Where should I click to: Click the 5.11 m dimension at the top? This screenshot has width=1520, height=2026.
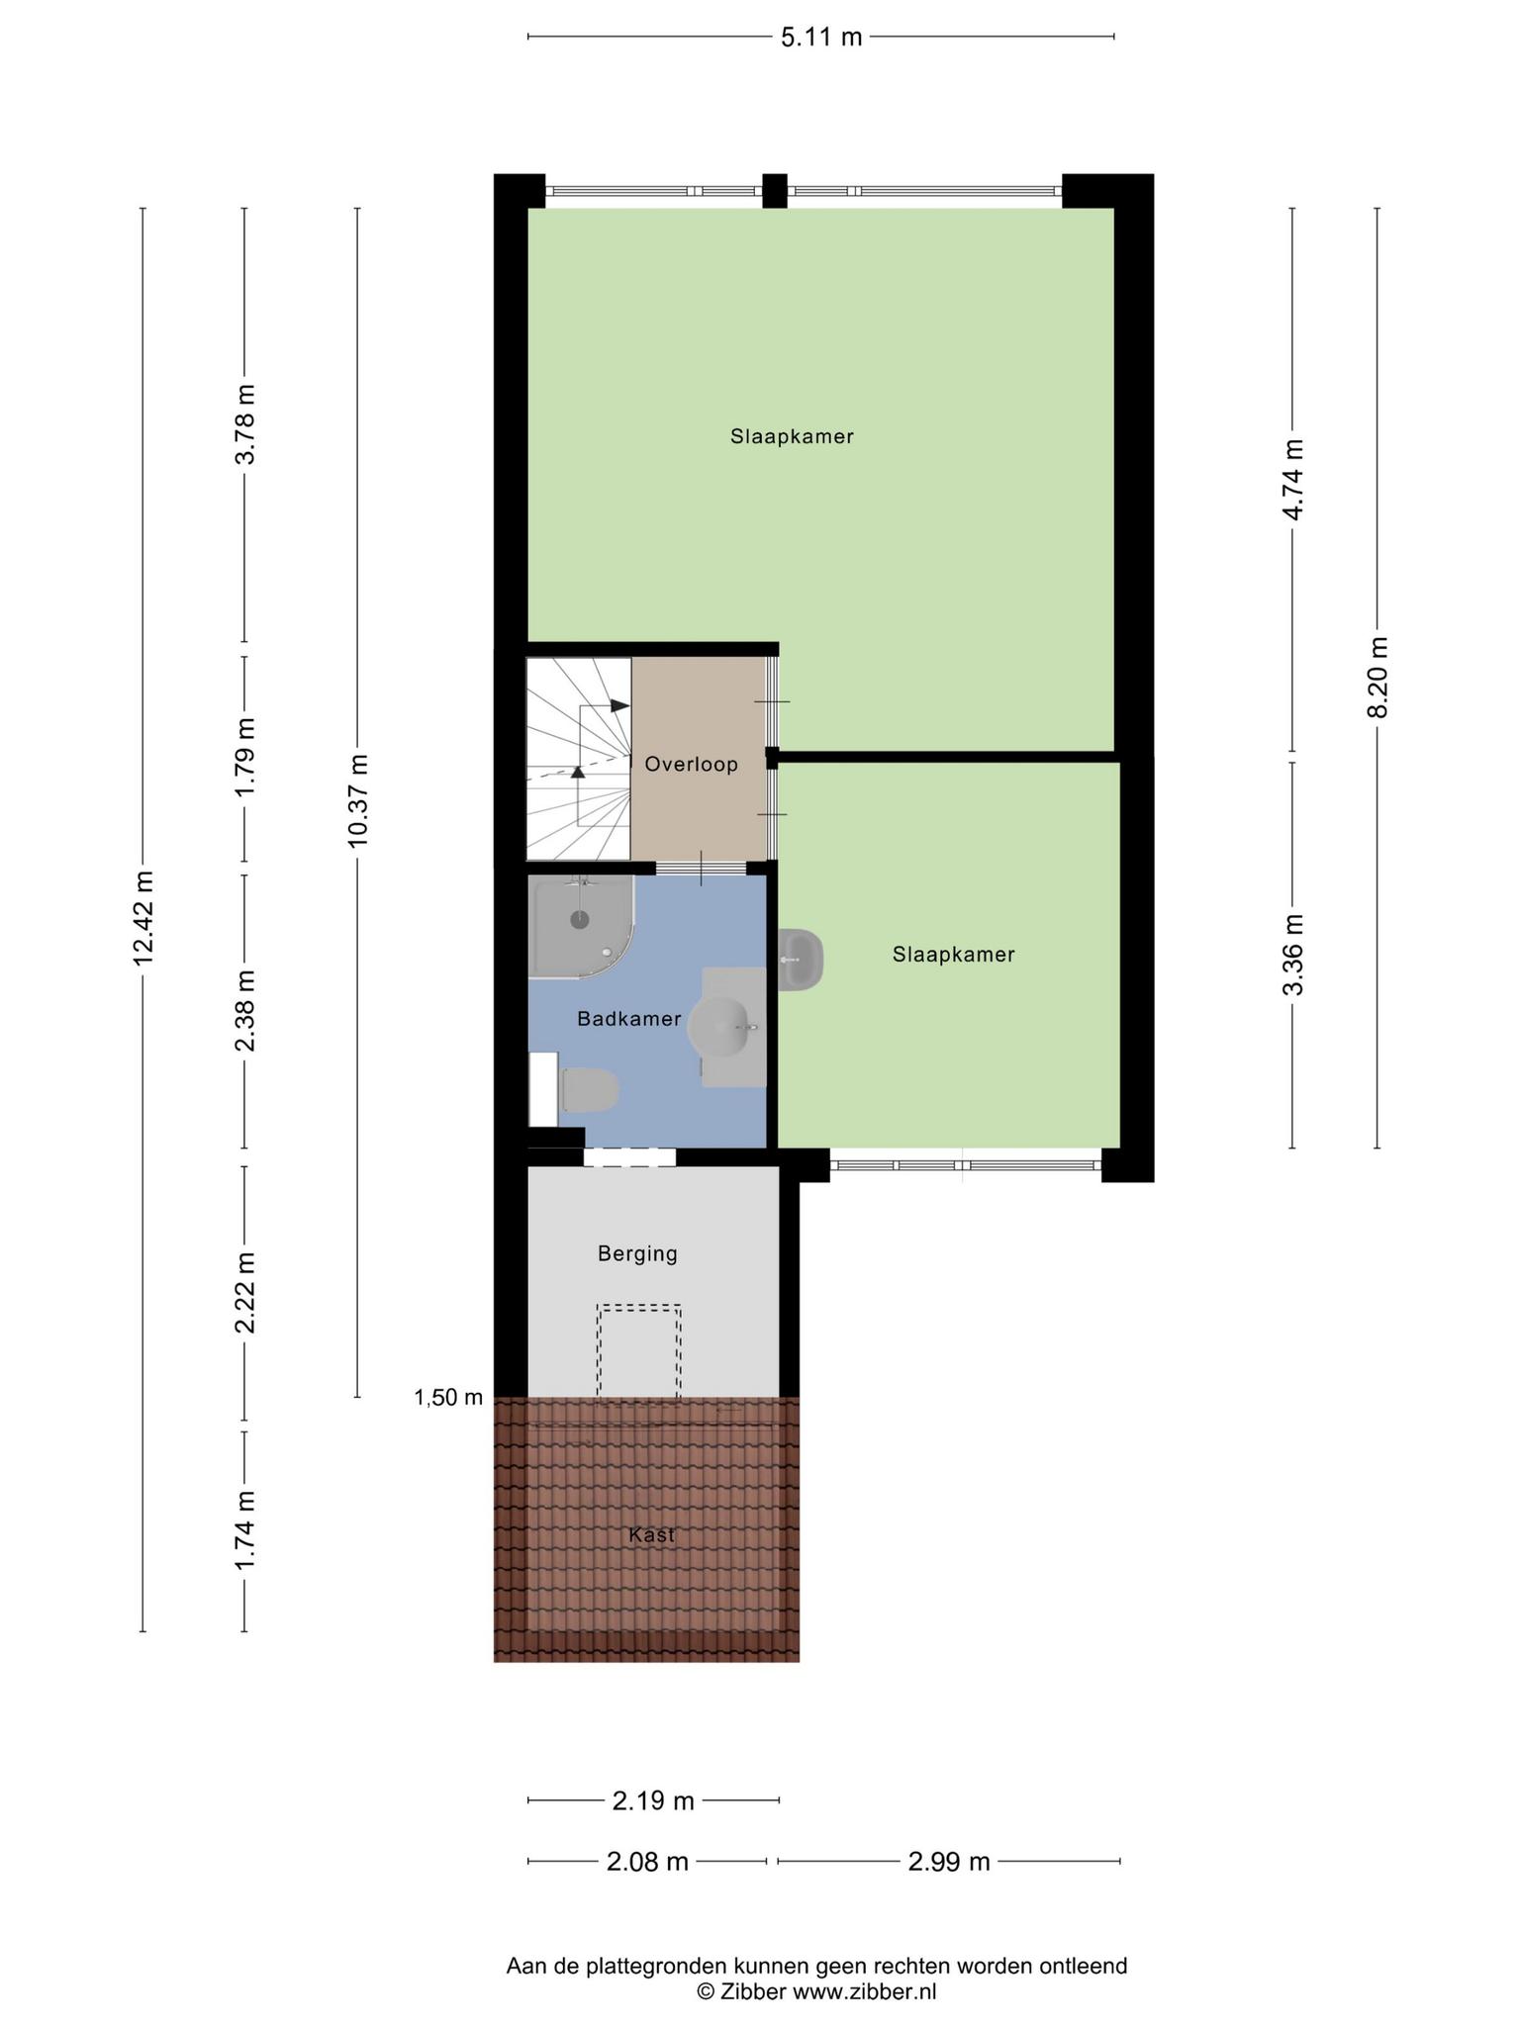click(821, 38)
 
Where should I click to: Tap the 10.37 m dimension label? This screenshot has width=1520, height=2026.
click(357, 799)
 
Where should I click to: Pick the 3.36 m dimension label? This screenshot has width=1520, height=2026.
click(1292, 955)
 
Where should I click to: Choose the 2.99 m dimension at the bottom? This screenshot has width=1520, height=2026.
click(949, 1862)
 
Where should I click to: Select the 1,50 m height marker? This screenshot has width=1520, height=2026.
click(448, 1397)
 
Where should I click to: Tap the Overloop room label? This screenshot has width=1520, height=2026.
click(691, 764)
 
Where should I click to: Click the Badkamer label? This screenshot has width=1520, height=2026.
click(629, 1019)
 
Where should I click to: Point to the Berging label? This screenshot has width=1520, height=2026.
click(637, 1254)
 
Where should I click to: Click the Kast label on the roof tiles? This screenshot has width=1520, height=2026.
click(651, 1535)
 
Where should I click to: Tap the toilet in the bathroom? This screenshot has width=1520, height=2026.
click(590, 1089)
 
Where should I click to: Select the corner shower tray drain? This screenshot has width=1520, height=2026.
click(580, 919)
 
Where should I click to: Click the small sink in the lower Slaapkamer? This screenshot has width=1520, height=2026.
click(801, 959)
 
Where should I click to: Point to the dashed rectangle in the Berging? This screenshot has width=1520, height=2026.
click(638, 1352)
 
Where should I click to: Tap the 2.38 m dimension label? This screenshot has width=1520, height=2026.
click(244, 1010)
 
